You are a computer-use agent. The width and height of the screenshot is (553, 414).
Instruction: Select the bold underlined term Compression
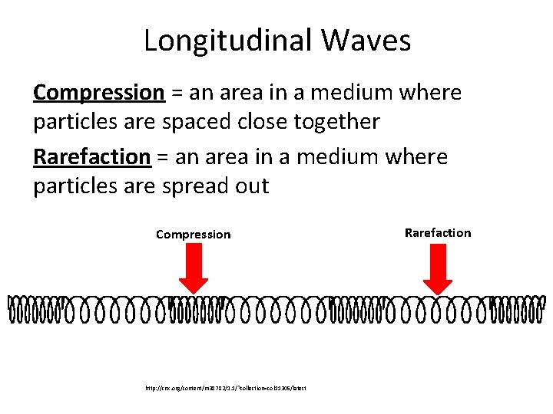[x=99, y=93]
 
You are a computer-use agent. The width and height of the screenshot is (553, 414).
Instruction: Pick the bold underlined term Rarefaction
[x=92, y=157]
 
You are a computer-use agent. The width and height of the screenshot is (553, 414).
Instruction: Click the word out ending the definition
[x=252, y=186]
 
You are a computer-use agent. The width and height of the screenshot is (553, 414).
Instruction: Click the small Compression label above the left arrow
[x=193, y=235]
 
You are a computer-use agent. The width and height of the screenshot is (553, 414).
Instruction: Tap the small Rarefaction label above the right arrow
[x=438, y=233]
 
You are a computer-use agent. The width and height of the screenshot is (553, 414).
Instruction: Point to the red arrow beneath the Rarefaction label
[x=439, y=269]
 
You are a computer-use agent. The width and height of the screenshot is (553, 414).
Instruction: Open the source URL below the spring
[x=226, y=389]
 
